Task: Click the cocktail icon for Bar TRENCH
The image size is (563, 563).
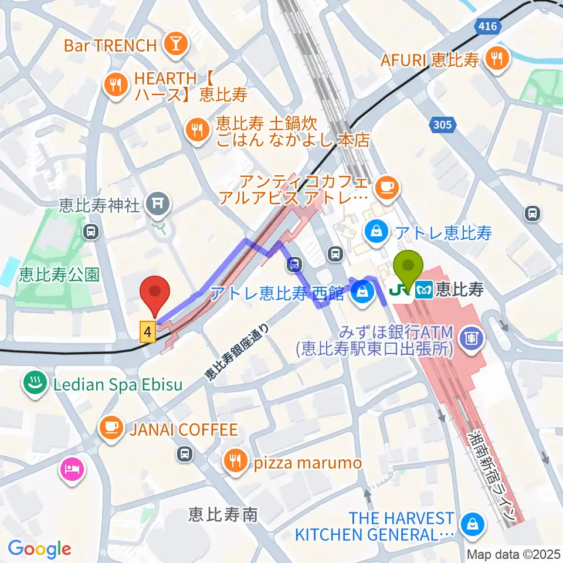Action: pyautogui.click(x=174, y=45)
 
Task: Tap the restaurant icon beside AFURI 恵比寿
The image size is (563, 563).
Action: pyautogui.click(x=497, y=59)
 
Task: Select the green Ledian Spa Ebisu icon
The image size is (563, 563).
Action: pyautogui.click(x=34, y=385)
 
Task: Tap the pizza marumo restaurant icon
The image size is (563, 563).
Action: pyautogui.click(x=235, y=462)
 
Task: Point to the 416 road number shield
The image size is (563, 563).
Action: pyautogui.click(x=486, y=26)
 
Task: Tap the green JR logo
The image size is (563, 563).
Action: pyautogui.click(x=398, y=289)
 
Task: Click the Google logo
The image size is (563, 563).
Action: pyautogui.click(x=40, y=548)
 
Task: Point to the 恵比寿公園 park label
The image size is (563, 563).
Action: pyautogui.click(x=59, y=274)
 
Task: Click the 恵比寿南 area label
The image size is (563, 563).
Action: pyautogui.click(x=223, y=514)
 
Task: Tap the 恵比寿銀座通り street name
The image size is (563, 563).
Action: pyautogui.click(x=238, y=353)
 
